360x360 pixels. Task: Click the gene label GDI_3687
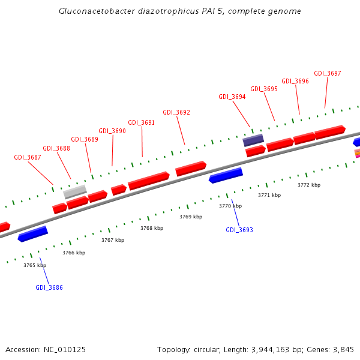point(28,157)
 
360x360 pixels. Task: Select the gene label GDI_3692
point(176,112)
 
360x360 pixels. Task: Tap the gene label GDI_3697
point(328,73)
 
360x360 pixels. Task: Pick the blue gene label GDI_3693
point(239,230)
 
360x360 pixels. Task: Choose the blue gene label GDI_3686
point(49,287)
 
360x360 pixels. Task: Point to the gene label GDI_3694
point(232,97)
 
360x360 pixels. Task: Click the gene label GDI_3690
point(112,131)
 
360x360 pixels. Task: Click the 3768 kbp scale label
point(152,228)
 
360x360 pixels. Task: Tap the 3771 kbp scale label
point(269,195)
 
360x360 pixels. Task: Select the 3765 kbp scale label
point(35,265)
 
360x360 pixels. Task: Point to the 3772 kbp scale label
point(309,185)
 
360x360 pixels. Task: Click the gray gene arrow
point(76,191)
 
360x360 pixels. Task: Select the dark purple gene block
point(253,140)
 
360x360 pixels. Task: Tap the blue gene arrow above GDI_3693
point(226,175)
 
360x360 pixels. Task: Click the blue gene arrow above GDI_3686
point(33,233)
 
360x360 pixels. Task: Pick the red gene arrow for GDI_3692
point(191,168)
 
